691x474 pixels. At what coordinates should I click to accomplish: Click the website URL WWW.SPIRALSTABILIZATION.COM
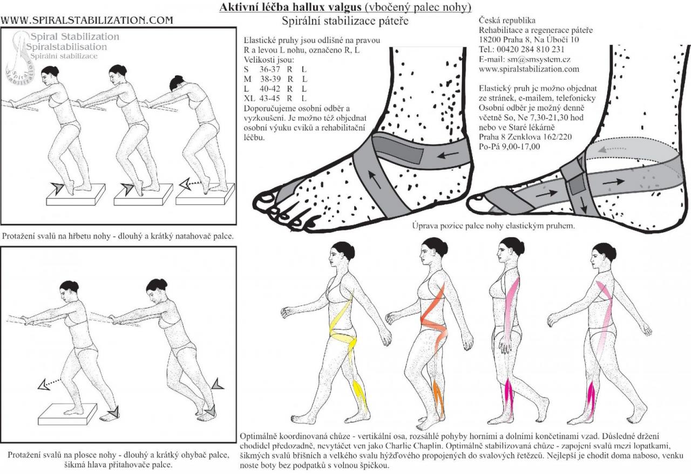point(87,20)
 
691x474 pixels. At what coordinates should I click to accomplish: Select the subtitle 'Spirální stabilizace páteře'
point(345,22)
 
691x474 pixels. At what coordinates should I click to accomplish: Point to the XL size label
point(250,98)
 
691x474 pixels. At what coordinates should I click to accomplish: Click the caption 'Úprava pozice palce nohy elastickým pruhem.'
point(493,226)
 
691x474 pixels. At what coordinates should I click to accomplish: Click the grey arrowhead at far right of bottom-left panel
point(218,384)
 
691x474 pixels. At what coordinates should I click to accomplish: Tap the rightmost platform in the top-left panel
point(205,193)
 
